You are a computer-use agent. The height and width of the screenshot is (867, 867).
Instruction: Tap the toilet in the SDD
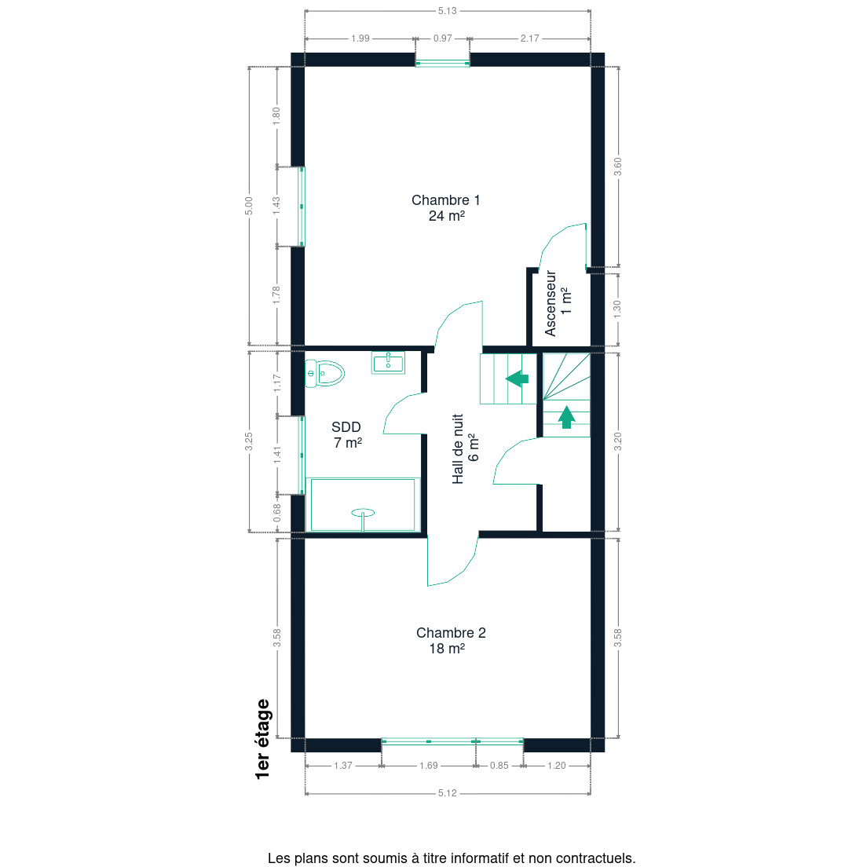(324, 373)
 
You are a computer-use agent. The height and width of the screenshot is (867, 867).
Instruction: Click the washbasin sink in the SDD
(388, 363)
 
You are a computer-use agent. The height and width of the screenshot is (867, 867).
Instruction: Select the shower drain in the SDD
(363, 514)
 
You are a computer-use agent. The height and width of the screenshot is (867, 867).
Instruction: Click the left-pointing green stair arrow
(517, 379)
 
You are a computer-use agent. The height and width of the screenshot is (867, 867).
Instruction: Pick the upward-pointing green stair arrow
(566, 418)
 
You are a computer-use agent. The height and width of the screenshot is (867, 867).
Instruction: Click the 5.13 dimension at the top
(448, 10)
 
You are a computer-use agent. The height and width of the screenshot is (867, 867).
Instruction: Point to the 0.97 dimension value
(442, 38)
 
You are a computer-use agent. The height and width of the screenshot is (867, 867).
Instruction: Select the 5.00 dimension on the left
(249, 206)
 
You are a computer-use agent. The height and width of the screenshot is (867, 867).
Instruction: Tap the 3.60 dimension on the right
(618, 166)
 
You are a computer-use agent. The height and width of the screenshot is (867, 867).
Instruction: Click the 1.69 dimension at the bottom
(429, 765)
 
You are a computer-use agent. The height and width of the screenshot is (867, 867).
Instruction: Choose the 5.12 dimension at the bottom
(448, 793)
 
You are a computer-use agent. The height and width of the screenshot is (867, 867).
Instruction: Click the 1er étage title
(263, 739)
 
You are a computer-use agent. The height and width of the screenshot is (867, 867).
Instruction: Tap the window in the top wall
(442, 64)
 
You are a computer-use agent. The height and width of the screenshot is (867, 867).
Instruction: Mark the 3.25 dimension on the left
(249, 441)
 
